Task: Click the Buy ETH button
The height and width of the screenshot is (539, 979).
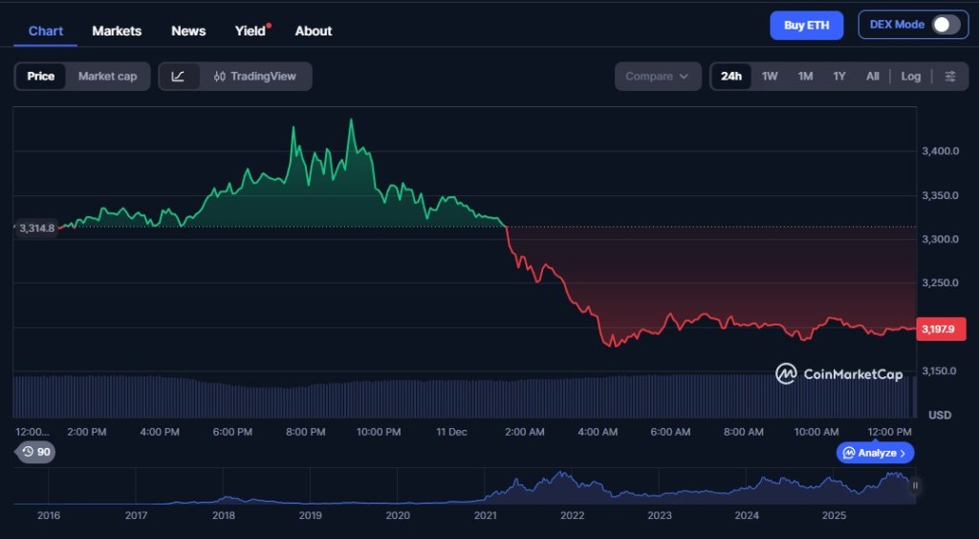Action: pyautogui.click(x=806, y=25)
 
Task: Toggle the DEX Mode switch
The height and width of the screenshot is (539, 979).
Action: pyautogui.click(x=946, y=25)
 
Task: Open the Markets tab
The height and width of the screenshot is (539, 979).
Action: pyautogui.click(x=117, y=31)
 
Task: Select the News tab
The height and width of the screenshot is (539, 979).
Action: pyautogui.click(x=188, y=31)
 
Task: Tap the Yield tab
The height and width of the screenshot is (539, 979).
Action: pyautogui.click(x=250, y=31)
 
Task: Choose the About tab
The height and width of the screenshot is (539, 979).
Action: pyautogui.click(x=314, y=31)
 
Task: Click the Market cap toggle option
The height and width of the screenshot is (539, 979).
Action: pyautogui.click(x=107, y=77)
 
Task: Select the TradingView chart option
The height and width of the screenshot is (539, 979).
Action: pyautogui.click(x=255, y=77)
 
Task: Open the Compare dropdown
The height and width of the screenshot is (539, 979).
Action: pyautogui.click(x=658, y=77)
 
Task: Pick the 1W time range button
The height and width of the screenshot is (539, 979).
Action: pyautogui.click(x=770, y=77)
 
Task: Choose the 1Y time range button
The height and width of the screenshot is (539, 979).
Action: pyautogui.click(x=838, y=77)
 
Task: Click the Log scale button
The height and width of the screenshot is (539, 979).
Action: pyautogui.click(x=911, y=77)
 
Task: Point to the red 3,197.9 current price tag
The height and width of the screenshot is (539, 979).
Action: pyautogui.click(x=941, y=329)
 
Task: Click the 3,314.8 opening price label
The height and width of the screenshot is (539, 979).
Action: pyautogui.click(x=36, y=228)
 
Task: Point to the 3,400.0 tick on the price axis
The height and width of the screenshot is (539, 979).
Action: pyautogui.click(x=940, y=151)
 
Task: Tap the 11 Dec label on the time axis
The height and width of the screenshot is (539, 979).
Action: pyautogui.click(x=450, y=432)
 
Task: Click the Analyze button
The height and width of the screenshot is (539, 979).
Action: pyautogui.click(x=876, y=453)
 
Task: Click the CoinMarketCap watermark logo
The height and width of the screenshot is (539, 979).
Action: pyautogui.click(x=838, y=374)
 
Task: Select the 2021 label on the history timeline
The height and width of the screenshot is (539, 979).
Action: pyautogui.click(x=485, y=515)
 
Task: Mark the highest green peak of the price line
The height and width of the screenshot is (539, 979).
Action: pyautogui.click(x=351, y=120)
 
